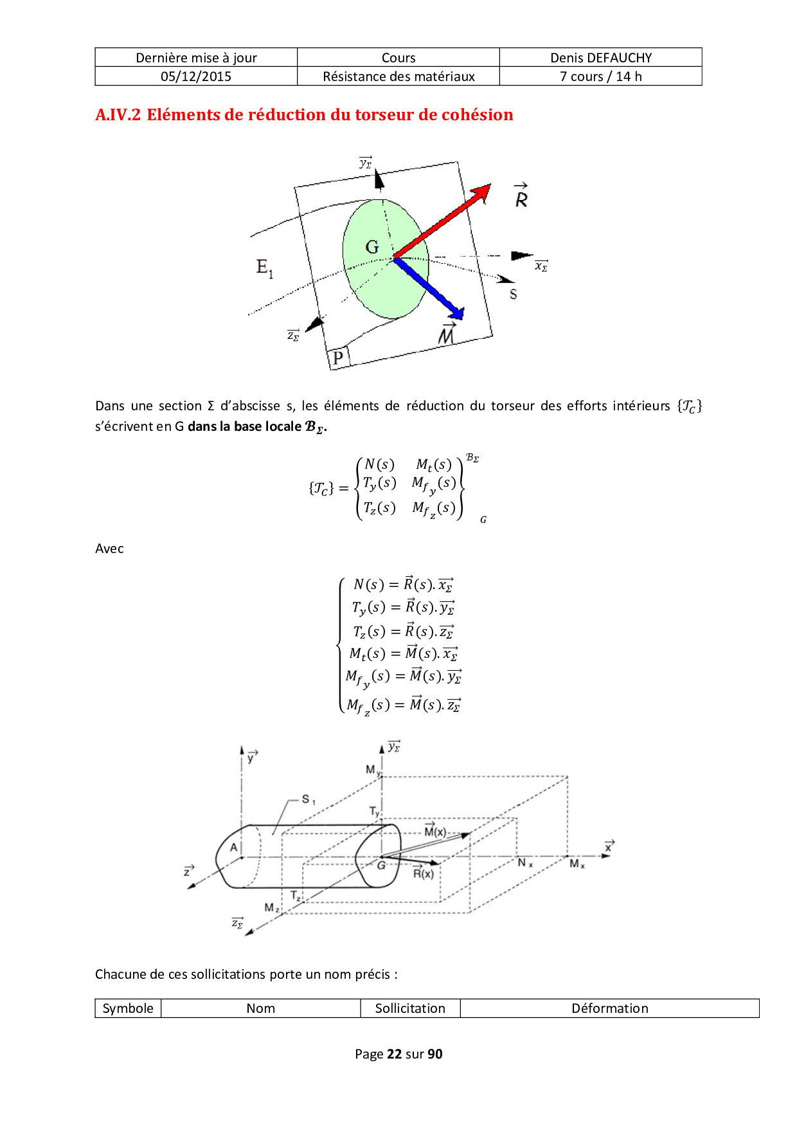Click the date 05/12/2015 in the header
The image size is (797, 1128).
[196, 77]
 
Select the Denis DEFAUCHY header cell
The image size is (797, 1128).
[601, 58]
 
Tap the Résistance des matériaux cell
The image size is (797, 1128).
[398, 77]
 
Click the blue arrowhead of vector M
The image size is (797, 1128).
[458, 314]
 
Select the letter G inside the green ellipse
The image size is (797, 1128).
[372, 247]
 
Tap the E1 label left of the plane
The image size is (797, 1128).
[264, 267]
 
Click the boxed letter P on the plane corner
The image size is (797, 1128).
[338, 358]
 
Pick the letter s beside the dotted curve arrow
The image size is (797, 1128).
[513, 295]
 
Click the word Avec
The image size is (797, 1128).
[109, 549]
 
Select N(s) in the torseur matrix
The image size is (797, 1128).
[379, 464]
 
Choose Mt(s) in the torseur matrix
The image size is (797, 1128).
[434, 464]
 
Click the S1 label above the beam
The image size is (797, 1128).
[309, 799]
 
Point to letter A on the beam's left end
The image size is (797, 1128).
[234, 848]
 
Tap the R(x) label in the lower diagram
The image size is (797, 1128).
[423, 873]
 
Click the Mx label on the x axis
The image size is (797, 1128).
[577, 864]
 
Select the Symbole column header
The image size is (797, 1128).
[128, 1008]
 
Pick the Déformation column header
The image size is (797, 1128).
[609, 1008]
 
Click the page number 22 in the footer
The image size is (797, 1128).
[394, 1054]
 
